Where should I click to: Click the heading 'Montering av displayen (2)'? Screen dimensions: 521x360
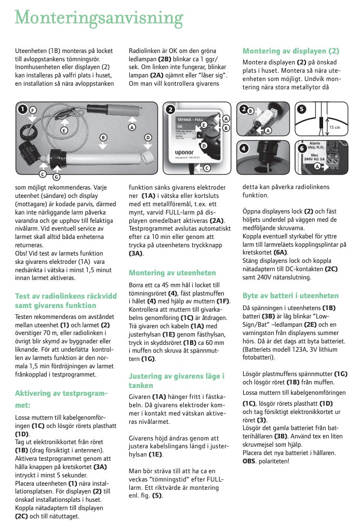(290, 51)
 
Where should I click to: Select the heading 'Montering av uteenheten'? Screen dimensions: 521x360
(172, 273)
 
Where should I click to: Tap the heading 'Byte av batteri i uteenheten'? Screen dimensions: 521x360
(290, 296)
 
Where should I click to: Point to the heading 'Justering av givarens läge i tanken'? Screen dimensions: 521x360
(177, 380)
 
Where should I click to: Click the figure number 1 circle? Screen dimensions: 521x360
(22, 109)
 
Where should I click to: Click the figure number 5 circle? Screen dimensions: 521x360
(302, 109)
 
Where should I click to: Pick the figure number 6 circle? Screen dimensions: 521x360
(302, 148)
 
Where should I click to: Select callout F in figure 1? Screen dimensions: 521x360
(33, 111)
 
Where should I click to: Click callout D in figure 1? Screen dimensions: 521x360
(148, 137)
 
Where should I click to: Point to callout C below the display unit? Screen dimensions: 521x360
(207, 168)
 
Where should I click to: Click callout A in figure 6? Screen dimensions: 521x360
(317, 166)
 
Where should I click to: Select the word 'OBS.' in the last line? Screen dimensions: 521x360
(249, 461)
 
